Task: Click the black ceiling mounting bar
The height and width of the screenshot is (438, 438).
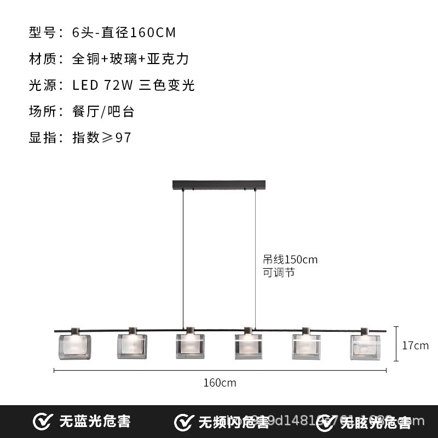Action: pyautogui.click(x=220, y=186)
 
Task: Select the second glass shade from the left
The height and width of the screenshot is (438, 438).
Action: pyautogui.click(x=131, y=346)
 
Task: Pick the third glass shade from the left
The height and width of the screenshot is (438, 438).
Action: pyautogui.click(x=190, y=346)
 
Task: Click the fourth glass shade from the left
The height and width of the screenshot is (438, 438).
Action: pyautogui.click(x=249, y=346)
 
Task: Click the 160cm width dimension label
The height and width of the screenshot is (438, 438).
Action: pyautogui.click(x=220, y=383)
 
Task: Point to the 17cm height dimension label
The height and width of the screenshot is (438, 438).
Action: pyautogui.click(x=415, y=345)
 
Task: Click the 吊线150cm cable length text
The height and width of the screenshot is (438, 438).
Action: pyautogui.click(x=290, y=260)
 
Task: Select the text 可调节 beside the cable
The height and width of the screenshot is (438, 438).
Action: pyautogui.click(x=279, y=272)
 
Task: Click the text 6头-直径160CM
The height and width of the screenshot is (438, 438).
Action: pyautogui.click(x=124, y=32)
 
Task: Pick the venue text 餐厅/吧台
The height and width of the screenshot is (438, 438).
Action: pyautogui.click(x=103, y=111)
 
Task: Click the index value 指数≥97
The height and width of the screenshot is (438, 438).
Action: pyautogui.click(x=102, y=137)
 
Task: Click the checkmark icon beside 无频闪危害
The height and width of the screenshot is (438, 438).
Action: pyautogui.click(x=183, y=422)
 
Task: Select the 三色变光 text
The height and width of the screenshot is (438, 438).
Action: pyautogui.click(x=167, y=85)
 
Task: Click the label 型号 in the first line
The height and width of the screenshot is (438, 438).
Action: pyautogui.click(x=42, y=32)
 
